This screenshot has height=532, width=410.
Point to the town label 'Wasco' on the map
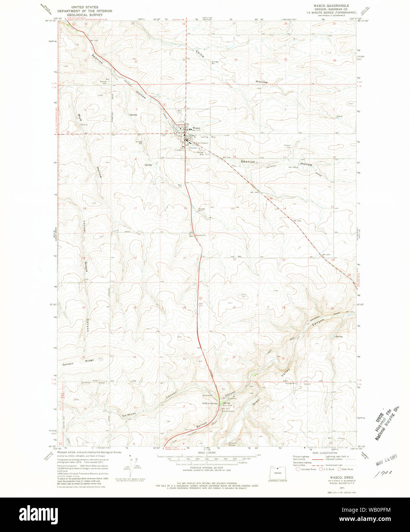[x=196, y=128]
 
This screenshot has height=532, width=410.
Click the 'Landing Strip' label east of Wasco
[x=206, y=137]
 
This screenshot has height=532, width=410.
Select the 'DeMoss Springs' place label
[x=210, y=403]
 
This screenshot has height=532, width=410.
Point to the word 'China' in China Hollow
[x=199, y=54]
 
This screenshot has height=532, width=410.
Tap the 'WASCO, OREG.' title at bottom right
[x=334, y=478]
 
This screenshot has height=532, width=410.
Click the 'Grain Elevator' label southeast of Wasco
[x=202, y=143]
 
